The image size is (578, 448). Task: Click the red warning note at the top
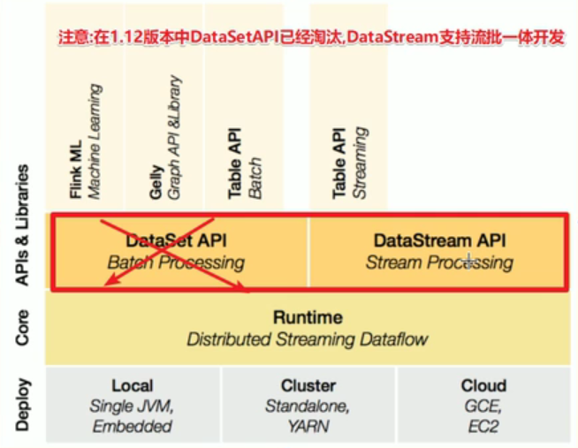[x=310, y=40]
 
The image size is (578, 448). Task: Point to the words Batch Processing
[x=176, y=262]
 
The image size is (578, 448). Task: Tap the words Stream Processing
[x=439, y=262]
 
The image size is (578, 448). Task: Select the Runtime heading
[x=308, y=317]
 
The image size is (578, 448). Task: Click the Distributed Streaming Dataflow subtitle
[x=308, y=338]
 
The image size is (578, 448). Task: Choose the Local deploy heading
[x=132, y=385]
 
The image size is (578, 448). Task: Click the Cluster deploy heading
[x=308, y=385]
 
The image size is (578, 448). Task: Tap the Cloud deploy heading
[x=483, y=385]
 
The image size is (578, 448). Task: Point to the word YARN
[x=308, y=426]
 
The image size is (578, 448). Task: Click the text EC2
[x=483, y=426]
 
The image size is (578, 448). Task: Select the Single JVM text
[x=132, y=406]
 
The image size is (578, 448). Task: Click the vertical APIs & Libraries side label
[x=24, y=224]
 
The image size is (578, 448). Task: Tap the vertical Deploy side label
[x=24, y=404]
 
